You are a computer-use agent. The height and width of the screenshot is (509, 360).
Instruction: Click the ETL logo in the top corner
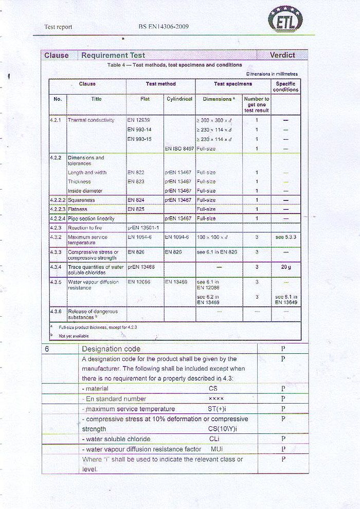285,20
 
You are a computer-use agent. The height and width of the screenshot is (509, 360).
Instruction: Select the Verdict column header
282,55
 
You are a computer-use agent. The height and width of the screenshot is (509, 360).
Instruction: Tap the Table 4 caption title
174,65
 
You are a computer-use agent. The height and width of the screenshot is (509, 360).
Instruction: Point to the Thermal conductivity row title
91,120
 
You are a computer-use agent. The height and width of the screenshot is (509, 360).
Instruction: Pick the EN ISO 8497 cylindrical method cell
179,148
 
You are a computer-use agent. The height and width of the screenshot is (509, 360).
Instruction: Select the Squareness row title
81,200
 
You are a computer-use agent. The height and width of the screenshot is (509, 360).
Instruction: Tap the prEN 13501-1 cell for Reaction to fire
143,228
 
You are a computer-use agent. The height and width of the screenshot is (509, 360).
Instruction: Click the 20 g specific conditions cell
285,267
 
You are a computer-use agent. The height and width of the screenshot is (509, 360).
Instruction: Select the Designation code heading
111,349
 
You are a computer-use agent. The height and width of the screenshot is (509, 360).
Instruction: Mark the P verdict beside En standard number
283,399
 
